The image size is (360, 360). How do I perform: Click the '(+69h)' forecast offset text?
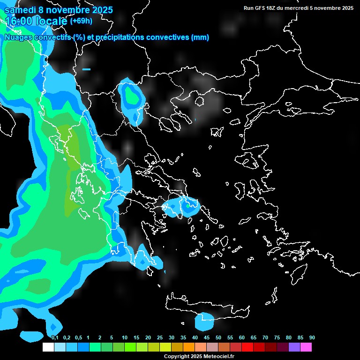tap(82, 21)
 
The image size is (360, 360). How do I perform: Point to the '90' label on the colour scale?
tap(312, 338)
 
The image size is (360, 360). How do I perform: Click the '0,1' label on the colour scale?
tap(55, 338)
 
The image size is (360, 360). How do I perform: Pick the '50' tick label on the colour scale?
tap(218, 338)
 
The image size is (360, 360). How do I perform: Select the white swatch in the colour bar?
tap(48, 347)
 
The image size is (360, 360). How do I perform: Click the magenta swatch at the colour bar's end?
tap(306, 347)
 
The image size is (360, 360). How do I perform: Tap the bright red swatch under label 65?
tap(247, 347)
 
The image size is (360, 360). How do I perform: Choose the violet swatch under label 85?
tap(294, 347)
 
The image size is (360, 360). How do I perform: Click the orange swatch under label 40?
tap(189, 347)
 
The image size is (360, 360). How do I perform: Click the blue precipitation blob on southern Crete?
tap(205, 321)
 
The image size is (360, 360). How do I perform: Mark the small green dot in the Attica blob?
tap(187, 205)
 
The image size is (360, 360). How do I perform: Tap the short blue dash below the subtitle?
tap(86, 69)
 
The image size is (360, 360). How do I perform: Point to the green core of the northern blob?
tap(132, 97)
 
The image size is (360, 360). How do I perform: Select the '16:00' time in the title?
tap(21, 21)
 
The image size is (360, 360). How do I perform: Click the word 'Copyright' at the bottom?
tap(176, 357)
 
